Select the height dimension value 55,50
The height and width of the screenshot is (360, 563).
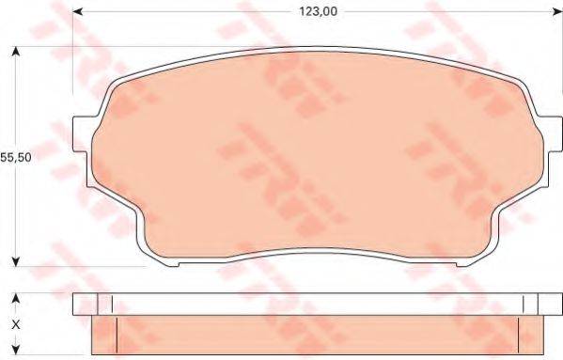tap(16, 159)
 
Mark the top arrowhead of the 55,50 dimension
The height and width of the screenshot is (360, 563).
tap(15, 50)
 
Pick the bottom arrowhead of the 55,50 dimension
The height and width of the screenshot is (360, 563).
tap(15, 262)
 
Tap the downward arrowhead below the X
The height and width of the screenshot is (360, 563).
tap(14, 351)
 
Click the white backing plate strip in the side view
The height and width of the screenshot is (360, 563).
tap(310, 305)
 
